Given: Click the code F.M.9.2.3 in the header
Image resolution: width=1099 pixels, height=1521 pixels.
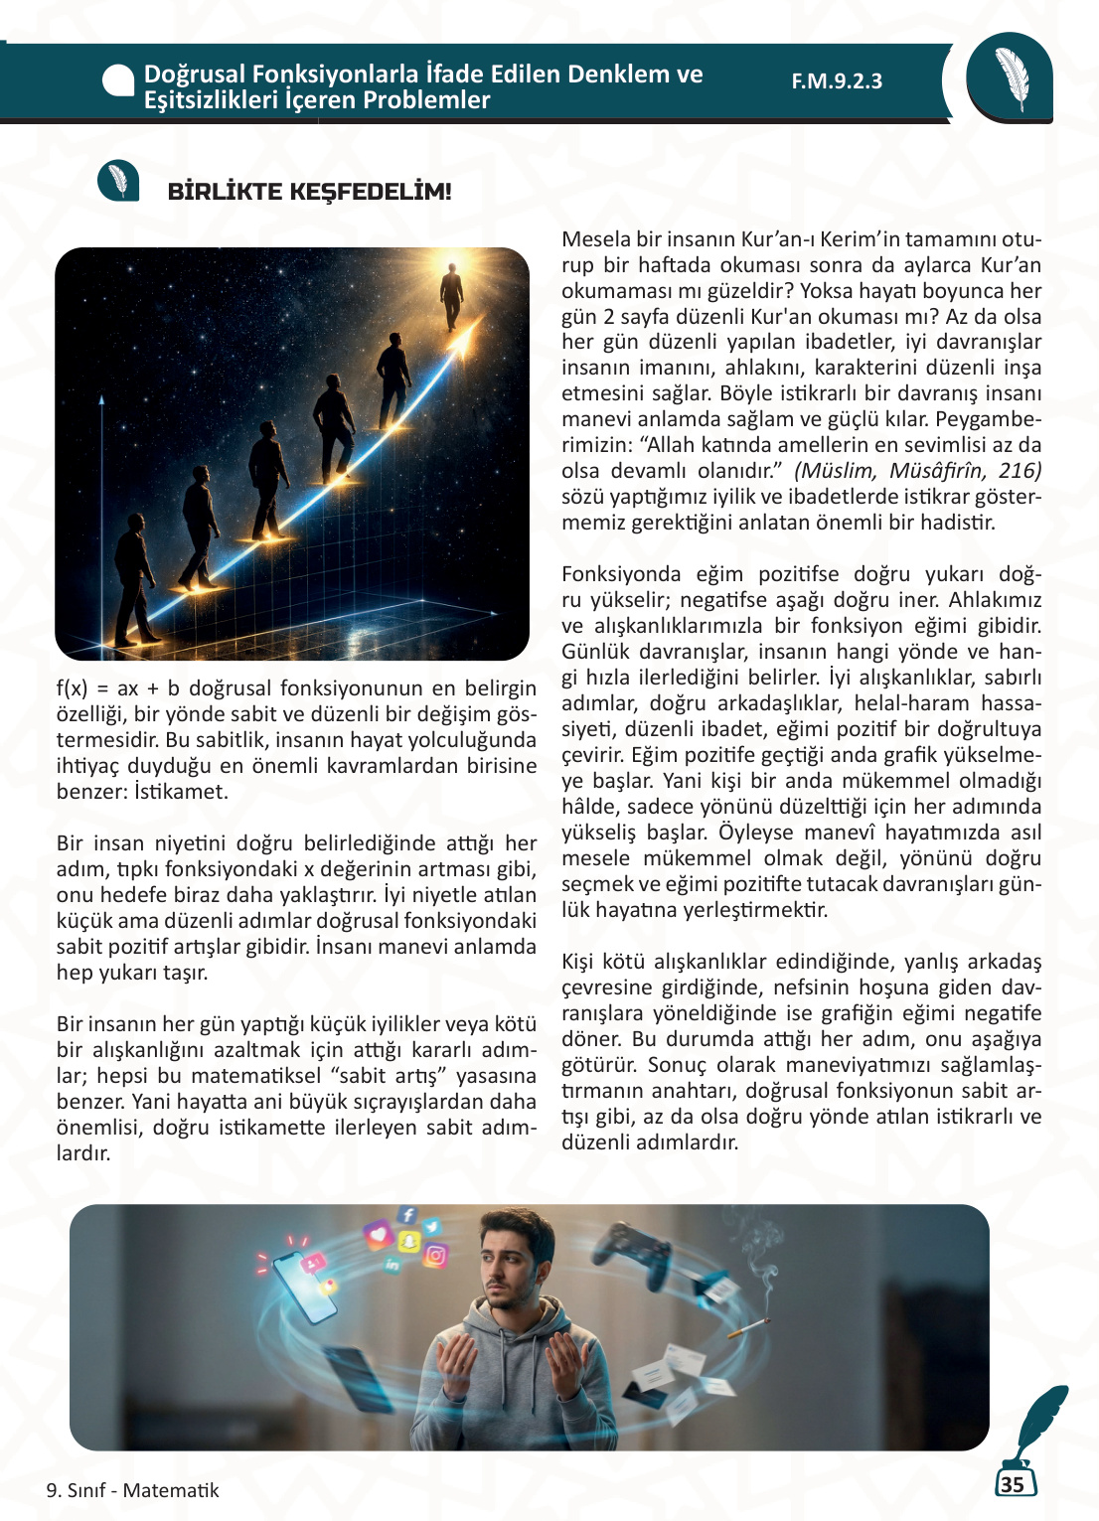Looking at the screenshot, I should click(x=837, y=81).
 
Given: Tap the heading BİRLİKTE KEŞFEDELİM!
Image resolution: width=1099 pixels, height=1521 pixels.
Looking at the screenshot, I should click(x=309, y=192).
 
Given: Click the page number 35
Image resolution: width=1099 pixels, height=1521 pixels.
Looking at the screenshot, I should click(x=1013, y=1484).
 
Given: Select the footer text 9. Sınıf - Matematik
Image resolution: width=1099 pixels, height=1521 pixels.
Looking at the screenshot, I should click(x=132, y=1490).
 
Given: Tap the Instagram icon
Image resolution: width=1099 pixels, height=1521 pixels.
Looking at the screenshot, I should click(x=435, y=1256).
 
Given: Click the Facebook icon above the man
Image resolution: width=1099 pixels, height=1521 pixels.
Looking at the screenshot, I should click(x=407, y=1215).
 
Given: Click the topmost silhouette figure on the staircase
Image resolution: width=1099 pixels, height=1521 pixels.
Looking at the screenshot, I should click(x=452, y=295).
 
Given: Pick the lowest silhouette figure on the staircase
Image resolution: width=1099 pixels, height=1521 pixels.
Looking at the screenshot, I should click(x=133, y=586).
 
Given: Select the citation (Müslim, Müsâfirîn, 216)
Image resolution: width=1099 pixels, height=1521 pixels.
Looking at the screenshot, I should click(x=917, y=471).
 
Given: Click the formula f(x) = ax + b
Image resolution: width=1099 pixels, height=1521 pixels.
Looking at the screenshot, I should click(x=118, y=688).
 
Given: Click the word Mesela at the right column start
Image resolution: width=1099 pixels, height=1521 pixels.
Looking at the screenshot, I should click(x=595, y=239).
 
